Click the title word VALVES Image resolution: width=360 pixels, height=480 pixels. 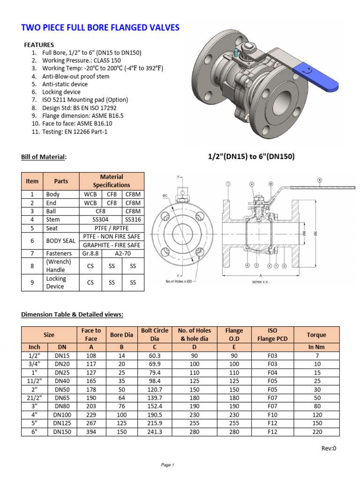pos(162,28)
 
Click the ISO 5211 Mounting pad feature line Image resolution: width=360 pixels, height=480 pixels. pos(85,100)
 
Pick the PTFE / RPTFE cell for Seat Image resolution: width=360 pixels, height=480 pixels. pos(112,228)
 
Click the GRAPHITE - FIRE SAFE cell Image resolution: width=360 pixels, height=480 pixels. pos(112,245)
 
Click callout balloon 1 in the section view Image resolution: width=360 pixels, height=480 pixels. pos(228,184)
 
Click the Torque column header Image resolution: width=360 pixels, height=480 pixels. pos(316,335)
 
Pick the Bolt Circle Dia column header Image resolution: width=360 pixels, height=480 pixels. pos(155,335)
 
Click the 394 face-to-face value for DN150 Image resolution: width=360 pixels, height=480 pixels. pos(91,432)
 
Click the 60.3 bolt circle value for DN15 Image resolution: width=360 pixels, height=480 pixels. pos(155,355)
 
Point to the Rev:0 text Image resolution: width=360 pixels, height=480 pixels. pos(329,448)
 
